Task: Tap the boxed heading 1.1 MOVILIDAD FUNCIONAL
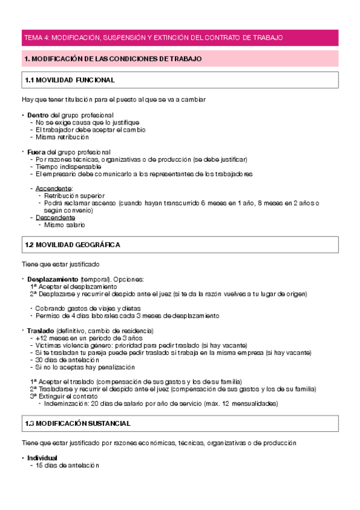pos(70,80)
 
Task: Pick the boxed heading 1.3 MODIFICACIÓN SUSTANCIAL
pos(78,424)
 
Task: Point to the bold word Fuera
pos(36,152)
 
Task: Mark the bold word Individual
pos(42,458)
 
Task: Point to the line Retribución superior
pos(75,195)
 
